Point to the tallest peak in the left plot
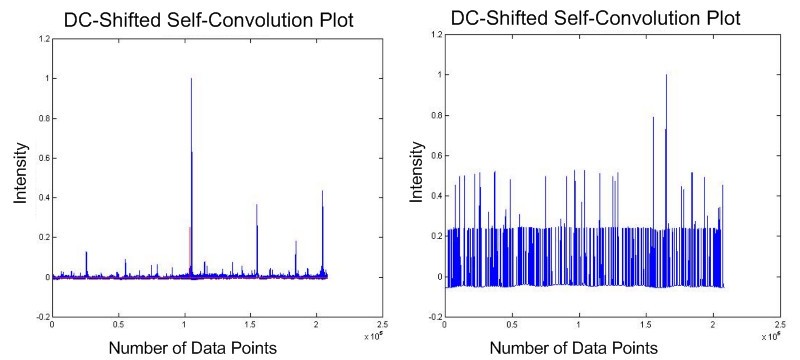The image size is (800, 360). [x=191, y=80]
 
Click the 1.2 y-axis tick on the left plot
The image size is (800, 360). [x=41, y=39]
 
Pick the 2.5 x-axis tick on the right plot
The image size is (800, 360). [x=777, y=325]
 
